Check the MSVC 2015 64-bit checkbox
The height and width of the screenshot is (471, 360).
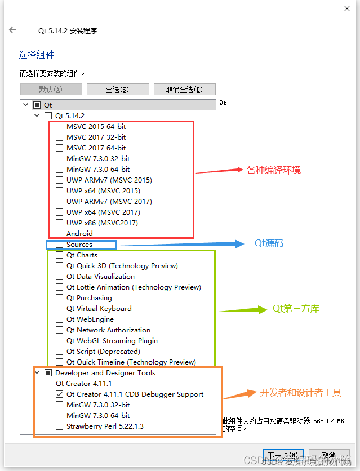coord(59,127)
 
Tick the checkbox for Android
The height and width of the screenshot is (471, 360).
coord(59,234)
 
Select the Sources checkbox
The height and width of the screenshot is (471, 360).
coord(59,245)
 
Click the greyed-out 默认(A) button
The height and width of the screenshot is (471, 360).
coord(51,90)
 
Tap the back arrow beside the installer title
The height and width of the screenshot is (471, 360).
coord(12,30)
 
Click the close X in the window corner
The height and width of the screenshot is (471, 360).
coord(345,8)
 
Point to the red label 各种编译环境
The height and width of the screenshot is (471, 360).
coord(274,170)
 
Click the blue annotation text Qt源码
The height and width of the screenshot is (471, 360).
coord(269,243)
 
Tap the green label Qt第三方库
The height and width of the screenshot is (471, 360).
coord(296,309)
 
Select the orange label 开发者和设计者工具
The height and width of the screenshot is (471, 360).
coord(301,393)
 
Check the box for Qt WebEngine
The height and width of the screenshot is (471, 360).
coord(59,319)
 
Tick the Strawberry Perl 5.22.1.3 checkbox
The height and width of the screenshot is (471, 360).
coord(59,426)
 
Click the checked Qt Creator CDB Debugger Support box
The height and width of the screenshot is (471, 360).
coord(59,394)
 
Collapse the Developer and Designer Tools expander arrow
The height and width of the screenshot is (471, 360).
coord(37,373)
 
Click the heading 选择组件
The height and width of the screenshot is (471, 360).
coord(37,55)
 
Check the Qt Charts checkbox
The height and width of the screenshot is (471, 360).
coord(59,255)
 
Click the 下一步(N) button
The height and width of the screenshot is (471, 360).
coord(283,455)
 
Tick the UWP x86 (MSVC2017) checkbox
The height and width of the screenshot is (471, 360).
coord(59,223)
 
